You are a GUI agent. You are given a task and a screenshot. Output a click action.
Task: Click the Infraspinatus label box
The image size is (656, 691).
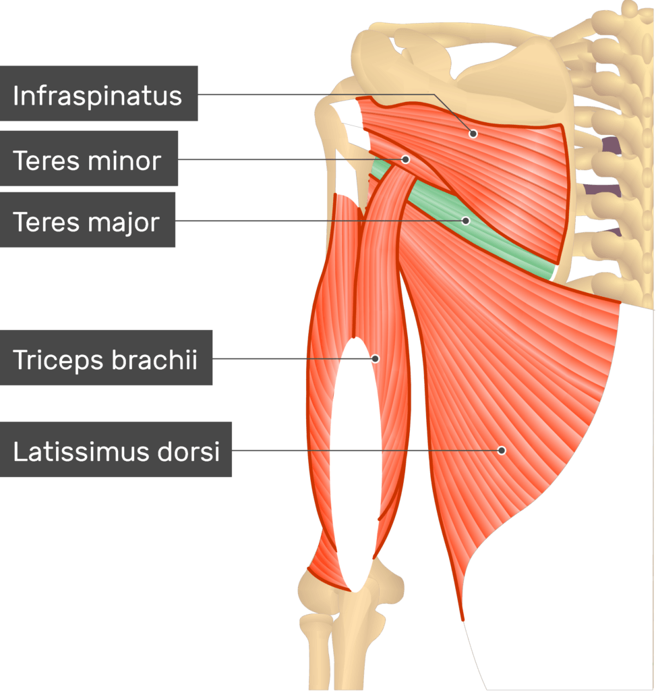pyautogui.click(x=98, y=93)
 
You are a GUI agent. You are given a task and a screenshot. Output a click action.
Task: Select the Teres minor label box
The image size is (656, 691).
pyautogui.click(x=89, y=158)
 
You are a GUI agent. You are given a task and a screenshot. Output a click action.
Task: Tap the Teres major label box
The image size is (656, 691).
pyautogui.click(x=88, y=219)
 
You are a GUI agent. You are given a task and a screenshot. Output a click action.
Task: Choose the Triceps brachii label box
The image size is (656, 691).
pyautogui.click(x=106, y=358)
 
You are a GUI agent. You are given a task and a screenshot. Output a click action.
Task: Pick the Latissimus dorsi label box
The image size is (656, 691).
pyautogui.click(x=116, y=449)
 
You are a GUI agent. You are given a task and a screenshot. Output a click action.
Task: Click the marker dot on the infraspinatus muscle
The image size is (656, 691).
pyautogui.click(x=473, y=133)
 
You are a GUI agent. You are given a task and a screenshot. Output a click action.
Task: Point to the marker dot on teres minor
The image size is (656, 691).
pyautogui.click(x=405, y=159)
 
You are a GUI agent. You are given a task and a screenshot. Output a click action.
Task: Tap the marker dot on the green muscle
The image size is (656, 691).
pyautogui.click(x=466, y=221)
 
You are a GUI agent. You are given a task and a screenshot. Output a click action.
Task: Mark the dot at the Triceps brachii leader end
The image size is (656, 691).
pyautogui.click(x=375, y=358)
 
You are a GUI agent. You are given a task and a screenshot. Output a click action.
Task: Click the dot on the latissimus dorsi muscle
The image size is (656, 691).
pyautogui.click(x=502, y=450)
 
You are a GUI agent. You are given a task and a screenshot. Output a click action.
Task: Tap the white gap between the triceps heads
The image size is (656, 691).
pyautogui.click(x=355, y=463)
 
